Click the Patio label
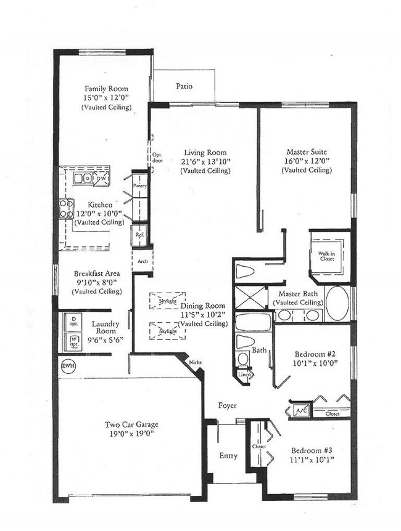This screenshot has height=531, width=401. tap(184, 86)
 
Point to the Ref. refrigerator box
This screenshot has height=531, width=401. tap(139, 235)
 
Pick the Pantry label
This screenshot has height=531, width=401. tap(140, 184)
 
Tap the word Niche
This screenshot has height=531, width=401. tap(196, 363)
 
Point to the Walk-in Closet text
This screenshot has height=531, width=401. tap(326, 256)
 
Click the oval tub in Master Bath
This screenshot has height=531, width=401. tap(337, 302)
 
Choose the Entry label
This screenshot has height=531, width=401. tap(228, 456)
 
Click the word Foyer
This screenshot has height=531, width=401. tap(229, 405)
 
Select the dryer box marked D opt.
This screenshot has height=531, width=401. tap(73, 320)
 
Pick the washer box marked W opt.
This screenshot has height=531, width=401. tap(73, 340)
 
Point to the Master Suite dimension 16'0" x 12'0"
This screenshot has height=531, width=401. tap(307, 161)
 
